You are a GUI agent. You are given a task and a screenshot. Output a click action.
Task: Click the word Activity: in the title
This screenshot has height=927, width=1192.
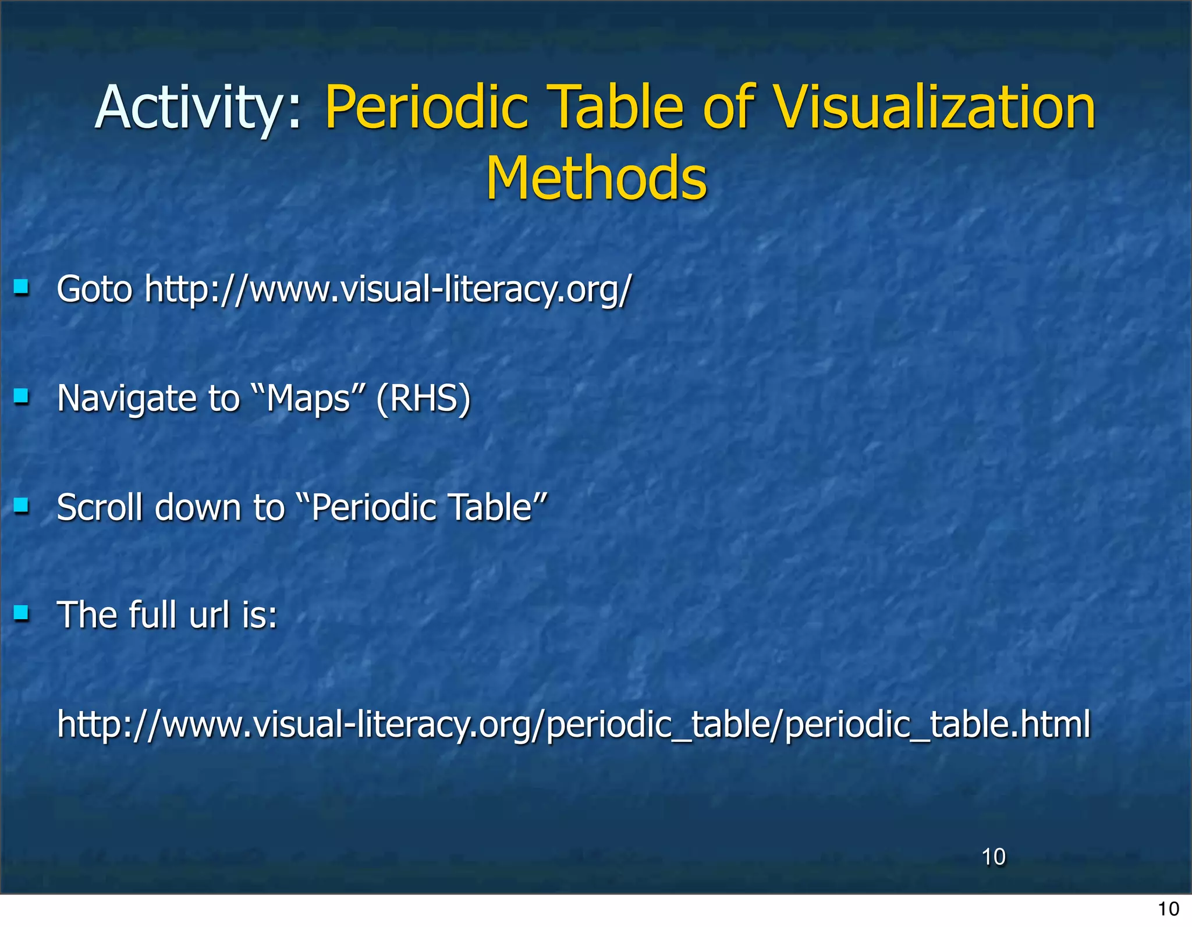[198, 108]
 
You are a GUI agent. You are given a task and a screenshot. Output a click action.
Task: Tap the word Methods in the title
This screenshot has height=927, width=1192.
[597, 178]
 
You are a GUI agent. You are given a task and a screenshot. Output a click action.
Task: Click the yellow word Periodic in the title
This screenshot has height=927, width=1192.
[427, 108]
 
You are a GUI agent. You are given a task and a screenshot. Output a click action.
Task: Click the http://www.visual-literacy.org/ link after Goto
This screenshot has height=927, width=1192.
[388, 289]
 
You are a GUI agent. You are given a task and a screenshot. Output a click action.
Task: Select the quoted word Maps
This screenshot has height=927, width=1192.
[308, 399]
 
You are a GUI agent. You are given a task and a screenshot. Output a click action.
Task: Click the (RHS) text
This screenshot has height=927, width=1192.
[423, 399]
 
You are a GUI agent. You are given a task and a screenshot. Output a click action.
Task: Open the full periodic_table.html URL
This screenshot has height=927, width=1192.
[573, 725]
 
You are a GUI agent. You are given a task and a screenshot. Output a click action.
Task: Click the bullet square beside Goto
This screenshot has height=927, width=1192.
[22, 287]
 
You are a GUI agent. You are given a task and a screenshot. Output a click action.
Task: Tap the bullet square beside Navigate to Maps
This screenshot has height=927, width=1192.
[22, 397]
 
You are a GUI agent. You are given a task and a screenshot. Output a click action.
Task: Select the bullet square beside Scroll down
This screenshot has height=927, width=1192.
[22, 505]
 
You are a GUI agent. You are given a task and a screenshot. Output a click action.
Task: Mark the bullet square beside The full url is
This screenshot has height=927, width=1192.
[22, 613]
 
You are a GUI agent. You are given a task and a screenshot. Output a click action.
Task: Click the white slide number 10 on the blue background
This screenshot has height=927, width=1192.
[993, 857]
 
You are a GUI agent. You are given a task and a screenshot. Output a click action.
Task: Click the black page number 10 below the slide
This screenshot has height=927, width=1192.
[1168, 909]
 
